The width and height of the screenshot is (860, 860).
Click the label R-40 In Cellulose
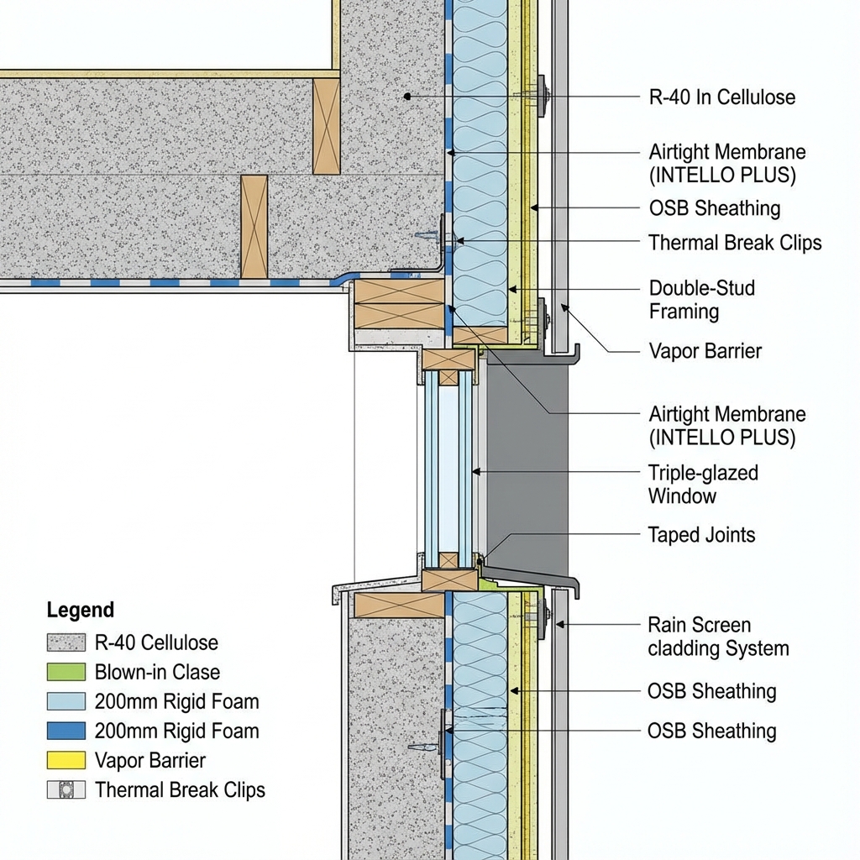722,97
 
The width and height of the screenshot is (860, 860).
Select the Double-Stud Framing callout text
702,300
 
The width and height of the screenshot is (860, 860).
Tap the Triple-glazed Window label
703,484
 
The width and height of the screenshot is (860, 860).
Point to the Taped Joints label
701,535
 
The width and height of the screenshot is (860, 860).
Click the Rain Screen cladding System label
718,637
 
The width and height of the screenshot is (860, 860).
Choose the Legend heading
81,611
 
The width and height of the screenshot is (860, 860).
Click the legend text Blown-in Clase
157,672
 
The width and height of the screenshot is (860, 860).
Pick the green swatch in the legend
66,672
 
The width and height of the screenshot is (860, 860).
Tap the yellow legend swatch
66,761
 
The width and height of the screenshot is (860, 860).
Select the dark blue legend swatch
66,731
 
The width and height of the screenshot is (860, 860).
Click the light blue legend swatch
66,701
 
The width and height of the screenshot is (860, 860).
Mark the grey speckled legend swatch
66,642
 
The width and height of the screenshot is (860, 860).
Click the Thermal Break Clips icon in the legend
66,790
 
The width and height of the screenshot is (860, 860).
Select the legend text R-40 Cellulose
156,642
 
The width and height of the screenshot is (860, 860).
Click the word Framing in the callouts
684,312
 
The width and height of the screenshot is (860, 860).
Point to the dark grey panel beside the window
527,462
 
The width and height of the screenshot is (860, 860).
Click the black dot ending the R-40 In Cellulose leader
407,97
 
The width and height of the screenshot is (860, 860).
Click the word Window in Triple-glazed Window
682,496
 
